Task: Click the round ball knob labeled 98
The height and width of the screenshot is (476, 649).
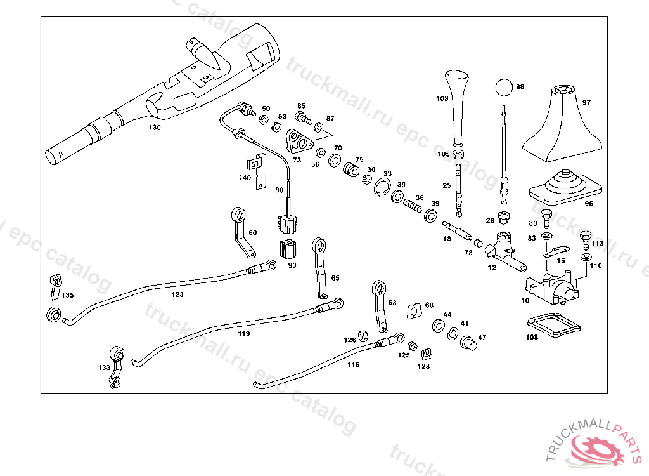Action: click(x=504, y=87)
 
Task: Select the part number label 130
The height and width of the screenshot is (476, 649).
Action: click(x=155, y=128)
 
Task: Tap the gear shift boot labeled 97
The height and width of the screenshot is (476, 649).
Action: click(x=562, y=124)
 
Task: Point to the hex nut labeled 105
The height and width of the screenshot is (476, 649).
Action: click(x=458, y=155)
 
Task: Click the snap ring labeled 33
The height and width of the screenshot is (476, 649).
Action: click(x=382, y=187)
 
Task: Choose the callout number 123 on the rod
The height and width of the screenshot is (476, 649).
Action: click(x=177, y=294)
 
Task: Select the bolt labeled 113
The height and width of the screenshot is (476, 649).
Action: click(x=585, y=241)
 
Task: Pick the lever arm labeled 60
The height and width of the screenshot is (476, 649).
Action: click(x=242, y=232)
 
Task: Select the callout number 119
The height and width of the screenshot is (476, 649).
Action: click(x=244, y=333)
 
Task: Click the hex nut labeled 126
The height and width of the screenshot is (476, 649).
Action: click(x=363, y=336)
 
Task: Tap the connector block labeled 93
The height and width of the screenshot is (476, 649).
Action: click(x=288, y=250)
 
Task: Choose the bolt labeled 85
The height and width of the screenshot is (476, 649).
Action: click(x=304, y=118)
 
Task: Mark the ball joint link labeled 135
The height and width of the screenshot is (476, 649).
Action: click(x=55, y=298)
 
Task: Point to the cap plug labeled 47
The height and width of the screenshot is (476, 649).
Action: click(x=468, y=343)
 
